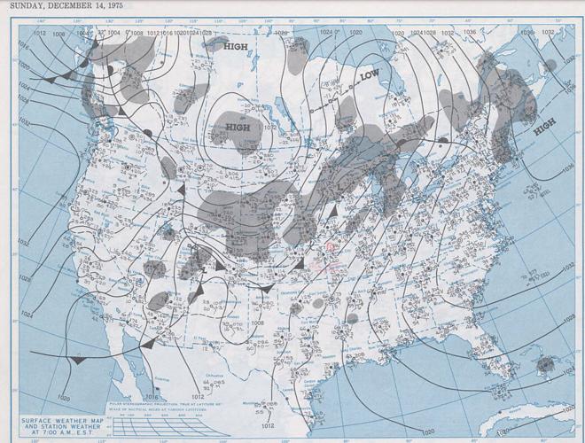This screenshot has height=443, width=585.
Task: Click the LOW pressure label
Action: pos(371,77)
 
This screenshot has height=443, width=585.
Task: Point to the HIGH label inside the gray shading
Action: pos(238,128)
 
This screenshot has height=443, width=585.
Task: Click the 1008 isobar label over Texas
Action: pos(257,324)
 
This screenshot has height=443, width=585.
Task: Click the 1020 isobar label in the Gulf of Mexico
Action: pos(430,431)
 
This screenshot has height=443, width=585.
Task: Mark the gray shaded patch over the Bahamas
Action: pos(545,363)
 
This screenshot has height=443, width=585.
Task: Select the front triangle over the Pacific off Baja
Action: pos(80,360)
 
